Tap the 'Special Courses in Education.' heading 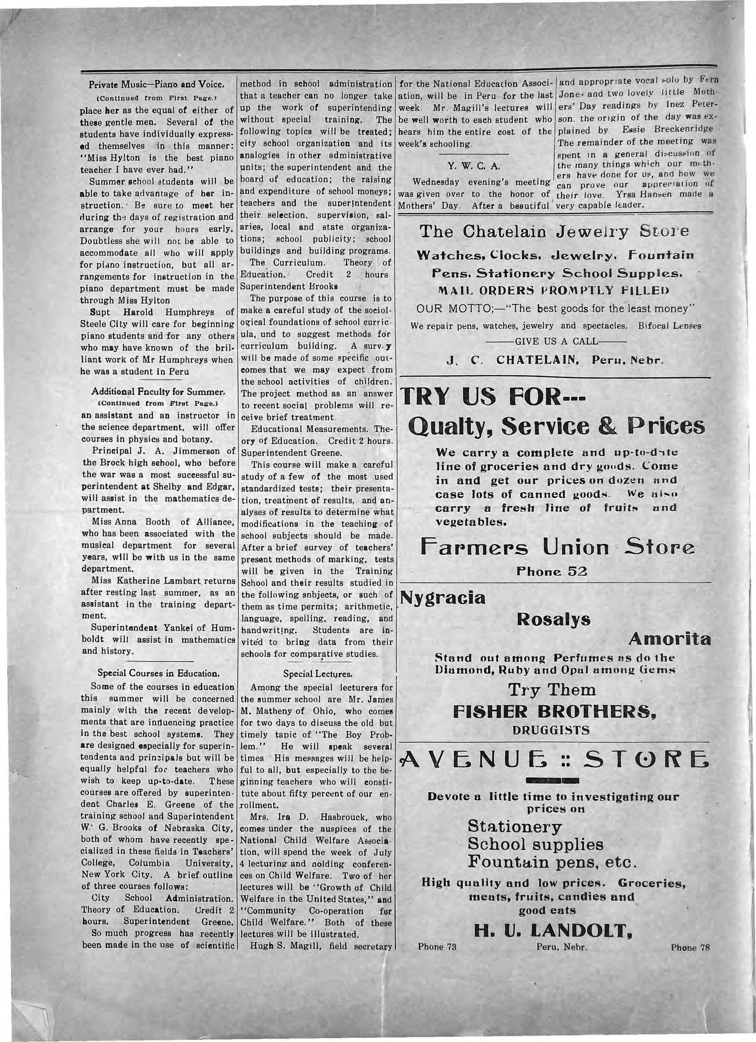[x=158, y=673]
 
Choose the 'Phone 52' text [x=551, y=571]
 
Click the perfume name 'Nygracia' [x=443, y=598]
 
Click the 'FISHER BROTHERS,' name [x=554, y=711]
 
